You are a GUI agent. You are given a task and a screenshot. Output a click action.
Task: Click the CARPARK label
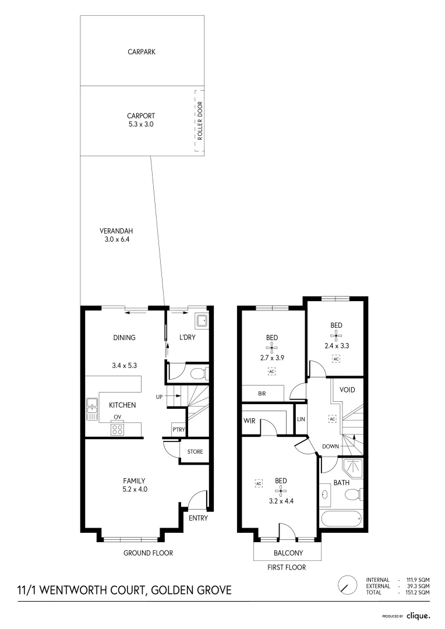tap(142, 52)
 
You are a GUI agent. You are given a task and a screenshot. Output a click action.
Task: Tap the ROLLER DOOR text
tap(199, 121)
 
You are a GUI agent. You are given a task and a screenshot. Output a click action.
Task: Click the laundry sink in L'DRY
tap(201, 320)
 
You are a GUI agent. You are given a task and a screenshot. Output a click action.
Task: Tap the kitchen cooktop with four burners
tap(117, 430)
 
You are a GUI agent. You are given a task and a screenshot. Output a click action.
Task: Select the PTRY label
tap(178, 430)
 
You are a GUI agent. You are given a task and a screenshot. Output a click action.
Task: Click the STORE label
tap(195, 451)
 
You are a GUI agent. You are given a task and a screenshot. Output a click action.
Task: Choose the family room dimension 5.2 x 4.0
tap(134, 490)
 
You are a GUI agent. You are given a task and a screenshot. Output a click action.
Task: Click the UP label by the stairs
tap(158, 397)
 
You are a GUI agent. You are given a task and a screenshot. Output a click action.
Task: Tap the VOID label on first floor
tap(347, 390)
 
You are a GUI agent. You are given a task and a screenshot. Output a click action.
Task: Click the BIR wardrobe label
tap(262, 393)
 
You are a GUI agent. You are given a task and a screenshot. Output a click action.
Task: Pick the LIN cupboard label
tap(301, 419)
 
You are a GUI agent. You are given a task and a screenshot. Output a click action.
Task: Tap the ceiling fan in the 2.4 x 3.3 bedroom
tap(336, 335)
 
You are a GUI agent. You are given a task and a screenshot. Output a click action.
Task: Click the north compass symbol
tap(347, 584)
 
